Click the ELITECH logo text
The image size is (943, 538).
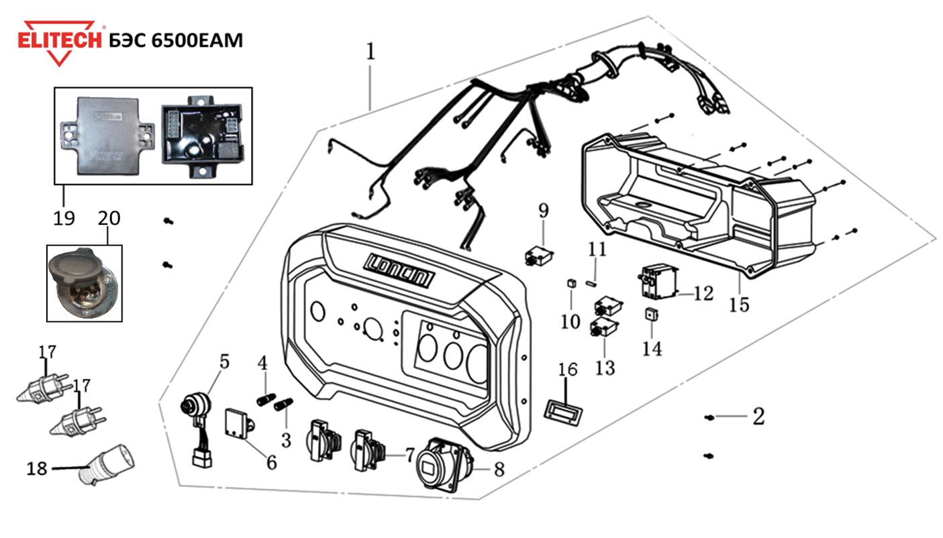tap(60, 40)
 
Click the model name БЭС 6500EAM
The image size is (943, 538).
tap(175, 40)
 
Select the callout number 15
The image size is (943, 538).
tap(738, 305)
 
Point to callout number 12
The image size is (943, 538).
tap(703, 294)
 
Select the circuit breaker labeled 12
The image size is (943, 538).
tap(657, 281)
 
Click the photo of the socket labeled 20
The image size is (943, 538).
tap(84, 282)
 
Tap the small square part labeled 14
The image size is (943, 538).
tap(650, 314)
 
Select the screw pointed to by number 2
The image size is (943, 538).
tap(709, 418)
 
